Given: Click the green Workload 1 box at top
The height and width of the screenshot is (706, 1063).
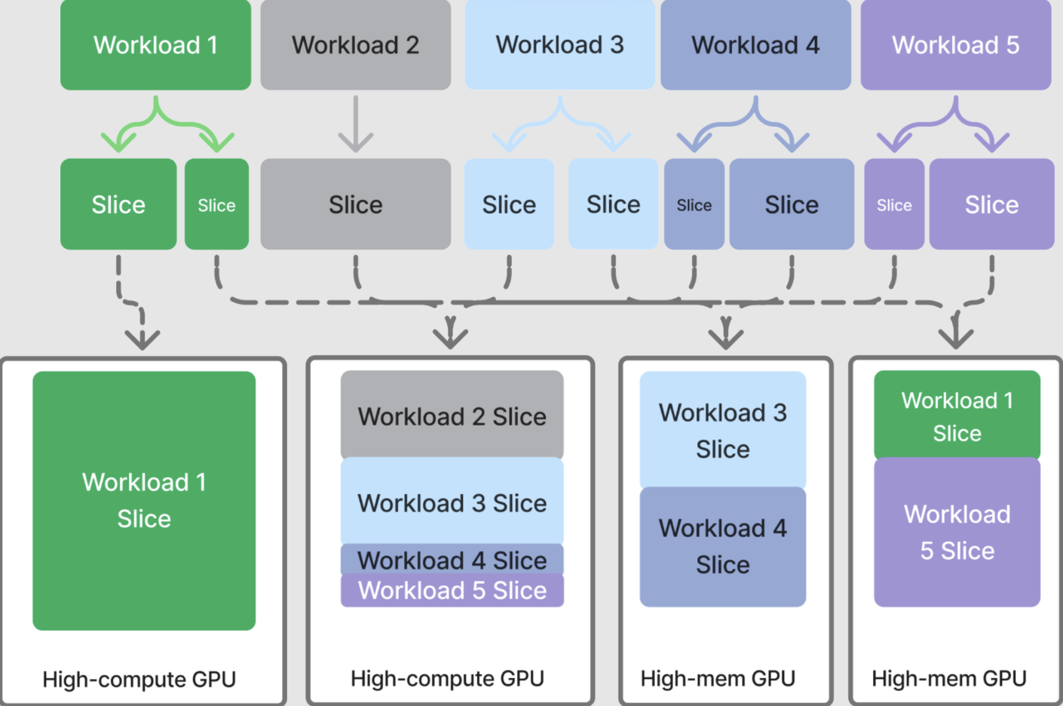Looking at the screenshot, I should pyautogui.click(x=155, y=45).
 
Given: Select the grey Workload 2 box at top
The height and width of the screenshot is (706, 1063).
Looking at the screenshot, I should pyautogui.click(x=355, y=45).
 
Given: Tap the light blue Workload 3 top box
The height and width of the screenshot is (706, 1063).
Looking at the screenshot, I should pyautogui.click(x=559, y=45).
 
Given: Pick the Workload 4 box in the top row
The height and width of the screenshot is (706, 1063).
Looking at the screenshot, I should pyautogui.click(x=755, y=45).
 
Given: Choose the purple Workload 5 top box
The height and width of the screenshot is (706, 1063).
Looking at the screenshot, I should pyautogui.click(x=955, y=45).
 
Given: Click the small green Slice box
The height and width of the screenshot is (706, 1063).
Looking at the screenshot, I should pyautogui.click(x=216, y=204).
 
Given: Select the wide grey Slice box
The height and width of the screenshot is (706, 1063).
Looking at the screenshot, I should pyautogui.click(x=355, y=204).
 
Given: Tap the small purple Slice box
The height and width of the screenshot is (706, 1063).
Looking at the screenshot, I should pyautogui.click(x=894, y=204).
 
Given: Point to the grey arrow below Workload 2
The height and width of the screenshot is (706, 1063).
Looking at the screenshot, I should pyautogui.click(x=355, y=124).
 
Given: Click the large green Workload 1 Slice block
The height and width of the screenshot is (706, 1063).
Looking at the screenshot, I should pyautogui.click(x=144, y=500).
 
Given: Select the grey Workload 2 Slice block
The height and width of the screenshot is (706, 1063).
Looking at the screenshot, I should pyautogui.click(x=452, y=415).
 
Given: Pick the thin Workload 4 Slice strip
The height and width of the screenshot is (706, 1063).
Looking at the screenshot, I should pyautogui.click(x=452, y=560).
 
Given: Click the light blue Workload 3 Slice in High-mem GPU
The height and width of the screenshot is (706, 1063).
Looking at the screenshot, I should pyautogui.click(x=722, y=430).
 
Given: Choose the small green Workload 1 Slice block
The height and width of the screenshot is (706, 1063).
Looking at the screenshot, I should pyautogui.click(x=957, y=416).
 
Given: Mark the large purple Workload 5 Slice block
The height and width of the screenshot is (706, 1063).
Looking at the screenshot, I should pyautogui.click(x=957, y=532).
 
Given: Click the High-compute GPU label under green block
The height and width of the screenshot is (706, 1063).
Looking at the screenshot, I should pyautogui.click(x=139, y=680).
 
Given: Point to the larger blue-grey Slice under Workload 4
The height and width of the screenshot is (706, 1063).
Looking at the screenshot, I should pyautogui.click(x=792, y=204).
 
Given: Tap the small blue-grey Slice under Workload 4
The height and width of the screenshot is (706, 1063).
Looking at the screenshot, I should pyautogui.click(x=694, y=204).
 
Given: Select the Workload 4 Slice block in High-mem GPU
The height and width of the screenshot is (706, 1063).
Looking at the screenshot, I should pyautogui.click(x=722, y=547).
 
